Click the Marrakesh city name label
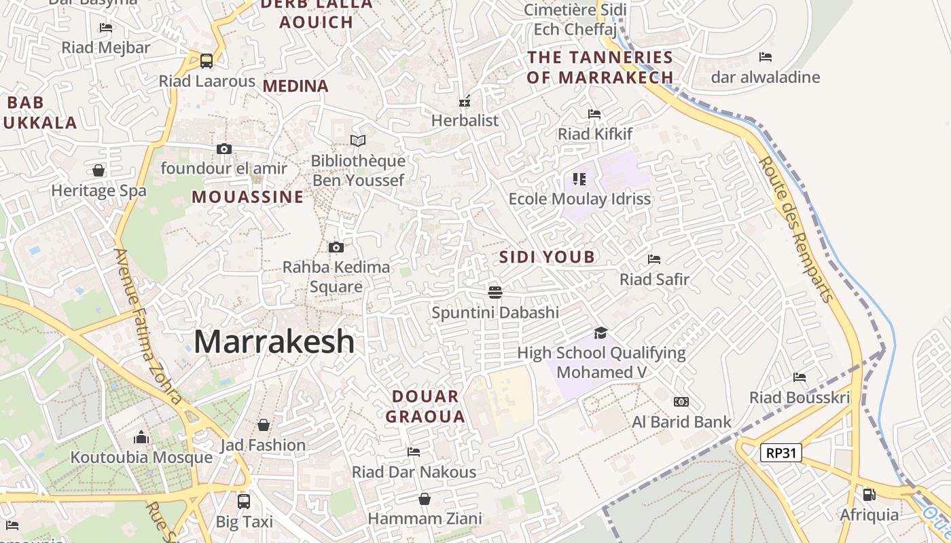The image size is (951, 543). tap(274, 341)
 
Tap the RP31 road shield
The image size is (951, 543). tap(780, 453)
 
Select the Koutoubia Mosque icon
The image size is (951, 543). tap(141, 436)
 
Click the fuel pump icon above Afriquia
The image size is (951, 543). tap(869, 494)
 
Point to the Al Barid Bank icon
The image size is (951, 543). tap(681, 402)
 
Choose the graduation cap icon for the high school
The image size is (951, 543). tap(600, 333)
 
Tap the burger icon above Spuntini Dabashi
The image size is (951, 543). tap(495, 292)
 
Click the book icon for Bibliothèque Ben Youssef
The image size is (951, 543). tap(358, 141)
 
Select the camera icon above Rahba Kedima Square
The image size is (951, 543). tap(336, 247)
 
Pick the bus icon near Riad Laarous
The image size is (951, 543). tap(207, 60)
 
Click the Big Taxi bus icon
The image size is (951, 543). tap(244, 502)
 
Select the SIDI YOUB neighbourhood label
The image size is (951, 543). tap(547, 257)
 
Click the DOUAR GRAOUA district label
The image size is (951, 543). tap(425, 407)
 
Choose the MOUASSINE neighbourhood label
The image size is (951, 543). tap(247, 198)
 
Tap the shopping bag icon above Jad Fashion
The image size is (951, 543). tap(264, 425)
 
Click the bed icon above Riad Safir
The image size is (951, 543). tap(654, 259)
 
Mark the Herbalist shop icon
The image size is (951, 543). tap(465, 101)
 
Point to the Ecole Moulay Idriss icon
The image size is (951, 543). tap(579, 179)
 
